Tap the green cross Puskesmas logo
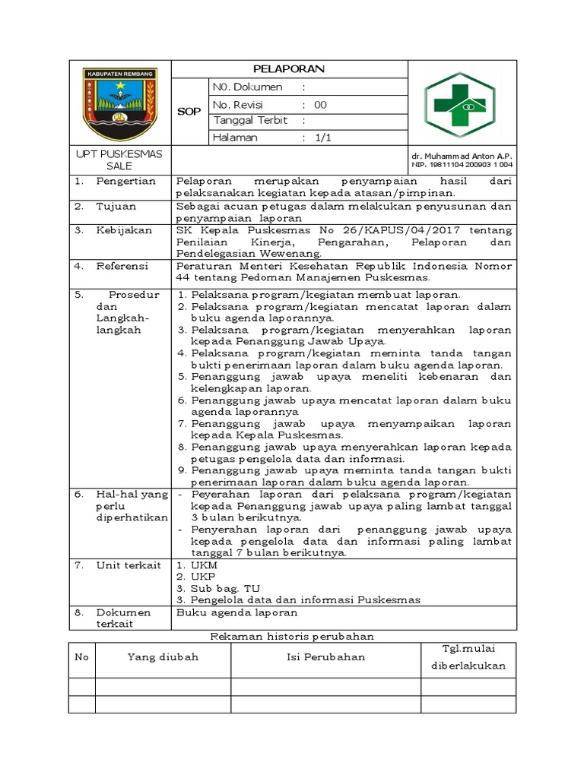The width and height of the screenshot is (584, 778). [x=462, y=106]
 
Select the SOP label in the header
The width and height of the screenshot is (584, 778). [x=189, y=112]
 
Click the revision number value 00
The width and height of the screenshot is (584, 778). [x=320, y=105]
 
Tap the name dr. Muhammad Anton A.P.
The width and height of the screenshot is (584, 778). [x=462, y=155]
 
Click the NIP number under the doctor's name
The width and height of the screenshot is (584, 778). [x=462, y=164]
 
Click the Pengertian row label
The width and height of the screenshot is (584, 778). [x=125, y=181]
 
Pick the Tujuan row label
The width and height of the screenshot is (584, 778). [x=115, y=206]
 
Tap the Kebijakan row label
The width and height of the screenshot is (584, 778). [x=124, y=230]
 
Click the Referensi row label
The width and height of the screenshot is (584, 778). [x=123, y=266]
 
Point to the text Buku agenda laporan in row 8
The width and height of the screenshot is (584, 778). [x=236, y=612]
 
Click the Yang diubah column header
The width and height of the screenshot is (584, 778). [x=163, y=656]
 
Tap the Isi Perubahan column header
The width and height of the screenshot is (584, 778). [x=325, y=656]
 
